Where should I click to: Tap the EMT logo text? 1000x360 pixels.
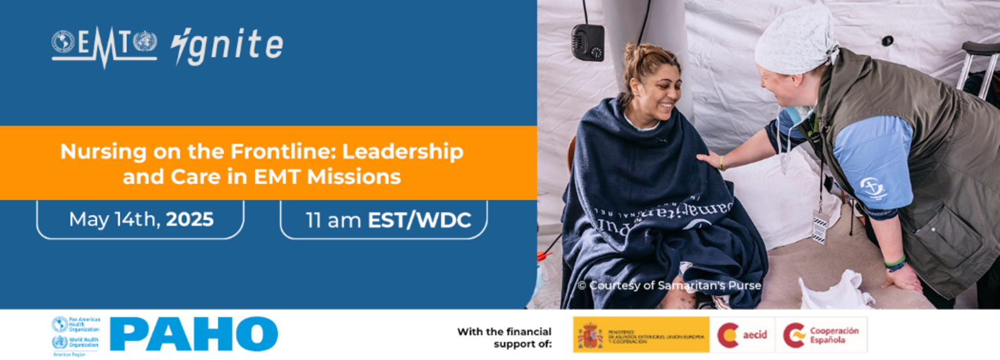coord(104,43)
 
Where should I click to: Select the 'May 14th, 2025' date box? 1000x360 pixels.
coord(141,220)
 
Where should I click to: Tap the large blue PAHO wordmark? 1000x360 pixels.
coord(194,333)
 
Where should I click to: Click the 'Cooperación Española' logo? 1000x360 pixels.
coord(822,335)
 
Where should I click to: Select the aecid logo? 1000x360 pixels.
coord(742,335)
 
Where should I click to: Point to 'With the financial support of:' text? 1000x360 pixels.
coord(504,337)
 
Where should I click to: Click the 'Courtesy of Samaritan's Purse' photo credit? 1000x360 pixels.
coord(669,285)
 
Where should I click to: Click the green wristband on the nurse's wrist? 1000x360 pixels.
coord(895,261)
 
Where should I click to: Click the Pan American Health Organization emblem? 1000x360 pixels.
coord(60,324)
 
